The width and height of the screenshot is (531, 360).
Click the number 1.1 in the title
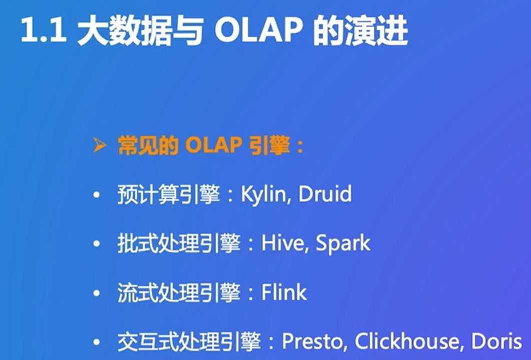(43, 31)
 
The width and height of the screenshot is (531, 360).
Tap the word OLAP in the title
(258, 31)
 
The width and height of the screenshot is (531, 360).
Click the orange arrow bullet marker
(100, 145)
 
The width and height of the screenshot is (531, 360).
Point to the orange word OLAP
(213, 146)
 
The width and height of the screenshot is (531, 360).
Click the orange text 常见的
(148, 146)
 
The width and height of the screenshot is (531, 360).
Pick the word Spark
(343, 244)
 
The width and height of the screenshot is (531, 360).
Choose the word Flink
(284, 292)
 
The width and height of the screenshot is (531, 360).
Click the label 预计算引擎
(168, 194)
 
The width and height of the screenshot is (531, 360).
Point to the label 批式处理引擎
(179, 243)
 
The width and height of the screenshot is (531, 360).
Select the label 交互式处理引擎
(189, 341)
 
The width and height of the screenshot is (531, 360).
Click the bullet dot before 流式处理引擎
(97, 293)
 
